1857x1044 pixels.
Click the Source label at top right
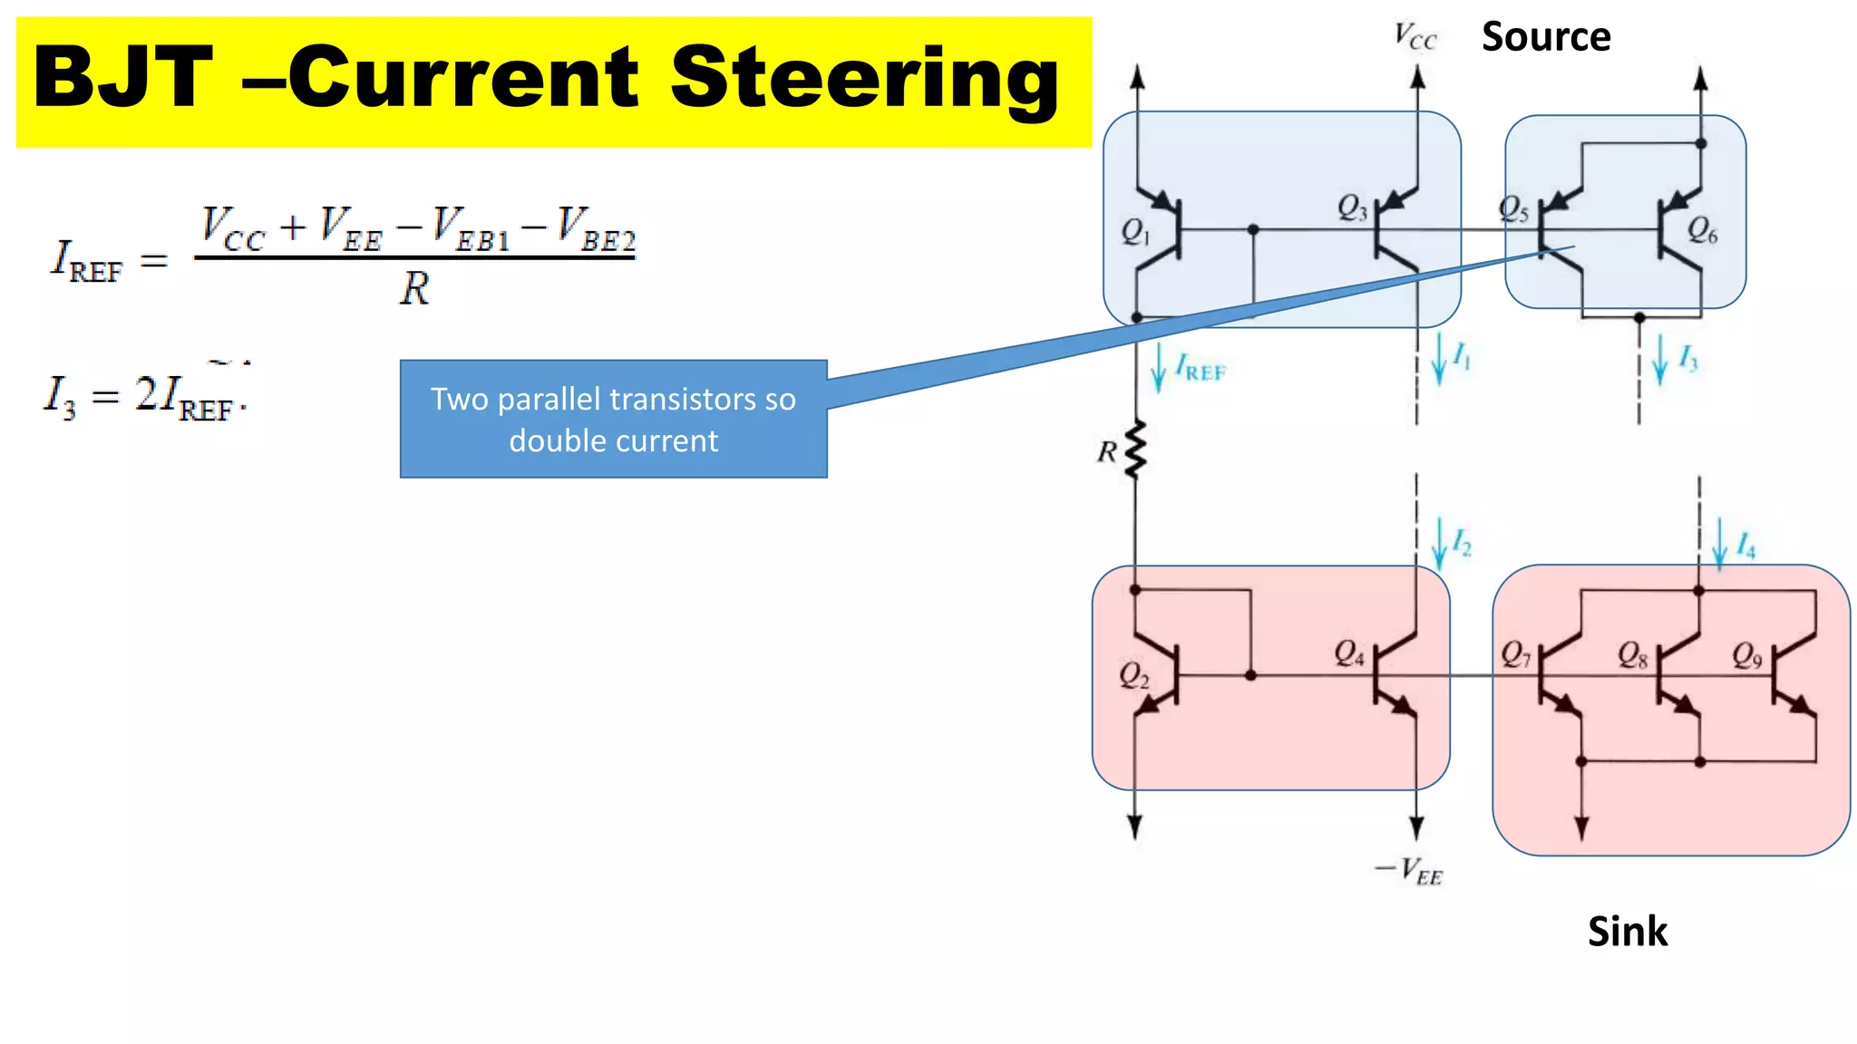pos(1545,37)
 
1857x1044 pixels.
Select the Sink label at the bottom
pos(1627,932)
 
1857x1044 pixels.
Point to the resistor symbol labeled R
pos(1134,449)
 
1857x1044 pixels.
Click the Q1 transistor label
pos(1135,232)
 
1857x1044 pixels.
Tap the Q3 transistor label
pos(1352,208)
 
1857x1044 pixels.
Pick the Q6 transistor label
pos(1702,231)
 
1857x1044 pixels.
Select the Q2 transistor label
pos(1133,675)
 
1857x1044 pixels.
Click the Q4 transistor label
pos(1349,652)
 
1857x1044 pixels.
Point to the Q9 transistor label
pos(1746,655)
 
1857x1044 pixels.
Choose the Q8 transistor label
pos(1632,655)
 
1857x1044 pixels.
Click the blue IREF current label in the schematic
pos(1200,368)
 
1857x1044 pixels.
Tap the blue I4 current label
pos(1745,546)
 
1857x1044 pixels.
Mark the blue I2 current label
pos(1462,543)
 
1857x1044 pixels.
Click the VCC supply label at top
pos(1415,37)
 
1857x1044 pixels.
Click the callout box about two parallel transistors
pos(613,419)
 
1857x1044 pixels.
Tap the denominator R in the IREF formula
pos(414,289)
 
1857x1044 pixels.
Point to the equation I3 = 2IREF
pos(145,397)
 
